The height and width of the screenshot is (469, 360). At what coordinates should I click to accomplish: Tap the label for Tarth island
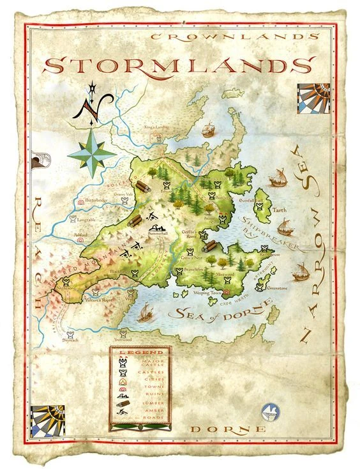tap(280, 210)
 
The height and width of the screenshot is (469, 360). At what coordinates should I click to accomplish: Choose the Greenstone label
tap(276, 289)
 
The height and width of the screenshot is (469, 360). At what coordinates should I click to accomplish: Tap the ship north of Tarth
tap(278, 177)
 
